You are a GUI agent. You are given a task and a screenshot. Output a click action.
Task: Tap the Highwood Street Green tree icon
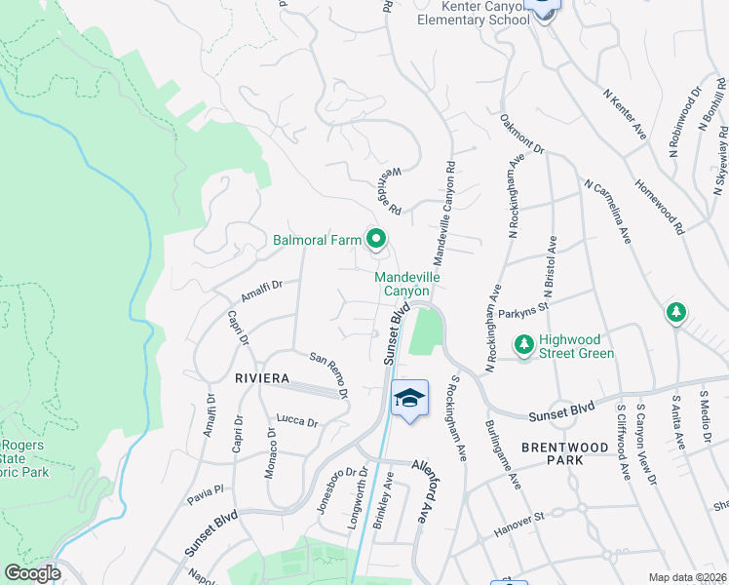point(524,344)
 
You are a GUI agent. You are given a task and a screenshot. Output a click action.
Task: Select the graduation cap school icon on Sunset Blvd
point(409,398)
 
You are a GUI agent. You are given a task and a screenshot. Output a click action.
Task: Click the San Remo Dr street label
point(329,374)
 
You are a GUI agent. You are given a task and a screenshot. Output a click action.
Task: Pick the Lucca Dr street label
point(299,421)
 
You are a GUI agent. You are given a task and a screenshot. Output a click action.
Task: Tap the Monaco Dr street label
point(271,452)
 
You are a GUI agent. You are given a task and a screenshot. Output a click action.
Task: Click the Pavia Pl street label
point(207,492)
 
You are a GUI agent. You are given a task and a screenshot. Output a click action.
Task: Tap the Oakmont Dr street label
point(521,135)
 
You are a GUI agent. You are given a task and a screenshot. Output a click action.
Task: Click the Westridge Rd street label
point(385,190)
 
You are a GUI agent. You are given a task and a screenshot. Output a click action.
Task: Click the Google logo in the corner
point(32,573)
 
